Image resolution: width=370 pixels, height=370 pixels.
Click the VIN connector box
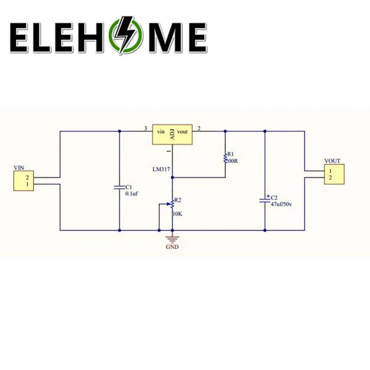[24, 181]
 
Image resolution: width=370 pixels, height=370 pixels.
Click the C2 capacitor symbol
[265, 200]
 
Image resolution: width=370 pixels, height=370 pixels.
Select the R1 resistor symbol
[225, 158]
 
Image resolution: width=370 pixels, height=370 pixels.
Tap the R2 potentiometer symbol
[172, 204]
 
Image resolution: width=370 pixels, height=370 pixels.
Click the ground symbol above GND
[172, 238]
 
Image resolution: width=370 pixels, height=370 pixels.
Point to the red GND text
[172, 247]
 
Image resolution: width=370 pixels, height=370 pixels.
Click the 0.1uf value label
[132, 194]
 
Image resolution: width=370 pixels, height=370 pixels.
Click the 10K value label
[178, 214]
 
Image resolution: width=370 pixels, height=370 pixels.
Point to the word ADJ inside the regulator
[172, 134]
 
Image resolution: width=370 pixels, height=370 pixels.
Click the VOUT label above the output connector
[332, 161]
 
